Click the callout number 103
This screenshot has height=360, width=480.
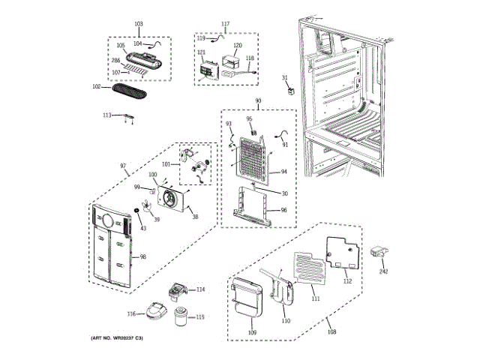pos(138,25)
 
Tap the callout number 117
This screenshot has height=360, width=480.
pos(225,24)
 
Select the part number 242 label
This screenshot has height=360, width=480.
pos(385,271)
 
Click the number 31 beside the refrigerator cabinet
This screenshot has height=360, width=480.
pos(284,78)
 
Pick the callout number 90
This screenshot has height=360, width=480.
pos(257,101)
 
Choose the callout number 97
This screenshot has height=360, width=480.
pos(123,165)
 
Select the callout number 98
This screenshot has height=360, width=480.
pos(142,257)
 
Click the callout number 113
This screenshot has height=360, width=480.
pos(107,115)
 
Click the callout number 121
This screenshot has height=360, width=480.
pos(201,52)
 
